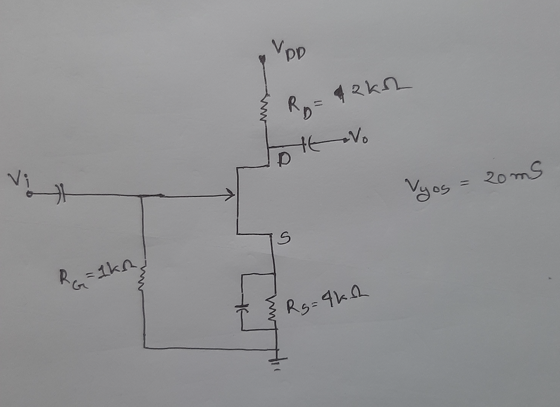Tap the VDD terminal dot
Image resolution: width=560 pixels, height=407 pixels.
click(x=262, y=59)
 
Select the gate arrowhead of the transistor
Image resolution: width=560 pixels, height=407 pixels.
click(x=230, y=196)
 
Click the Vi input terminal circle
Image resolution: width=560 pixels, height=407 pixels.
click(x=30, y=195)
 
